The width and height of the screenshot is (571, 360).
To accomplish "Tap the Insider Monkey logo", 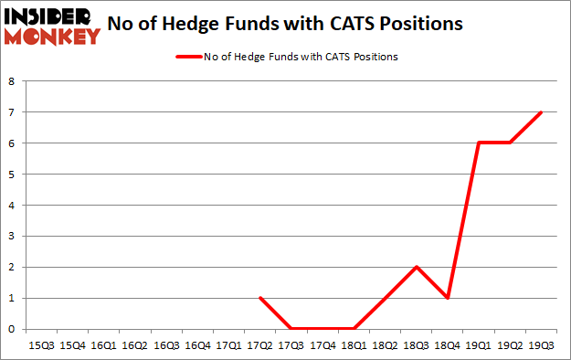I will click(x=53, y=26).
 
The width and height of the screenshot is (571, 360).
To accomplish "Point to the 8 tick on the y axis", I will click(x=13, y=81).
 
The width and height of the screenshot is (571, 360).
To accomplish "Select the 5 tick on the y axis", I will click(x=13, y=175).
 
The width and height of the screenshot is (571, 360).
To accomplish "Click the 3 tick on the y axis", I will click(x=13, y=236).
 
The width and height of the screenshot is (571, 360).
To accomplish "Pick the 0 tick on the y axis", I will click(x=13, y=329).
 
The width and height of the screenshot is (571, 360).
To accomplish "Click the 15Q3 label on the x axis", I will click(x=42, y=345).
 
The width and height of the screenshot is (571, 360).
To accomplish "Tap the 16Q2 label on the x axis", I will click(x=135, y=345).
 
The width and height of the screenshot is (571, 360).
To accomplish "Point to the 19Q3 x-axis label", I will click(x=541, y=345).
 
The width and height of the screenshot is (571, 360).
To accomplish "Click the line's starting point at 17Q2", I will click(x=260, y=298).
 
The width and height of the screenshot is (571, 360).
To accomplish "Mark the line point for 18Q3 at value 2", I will click(x=417, y=267).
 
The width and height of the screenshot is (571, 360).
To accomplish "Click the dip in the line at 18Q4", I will click(x=448, y=298).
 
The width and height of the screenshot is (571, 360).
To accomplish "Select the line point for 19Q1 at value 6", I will click(x=479, y=143).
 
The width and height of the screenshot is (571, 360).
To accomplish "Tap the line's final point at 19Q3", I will click(x=541, y=112).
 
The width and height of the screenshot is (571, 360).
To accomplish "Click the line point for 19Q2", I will click(x=510, y=143).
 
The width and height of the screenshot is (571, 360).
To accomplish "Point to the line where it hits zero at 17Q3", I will click(x=291, y=329).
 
